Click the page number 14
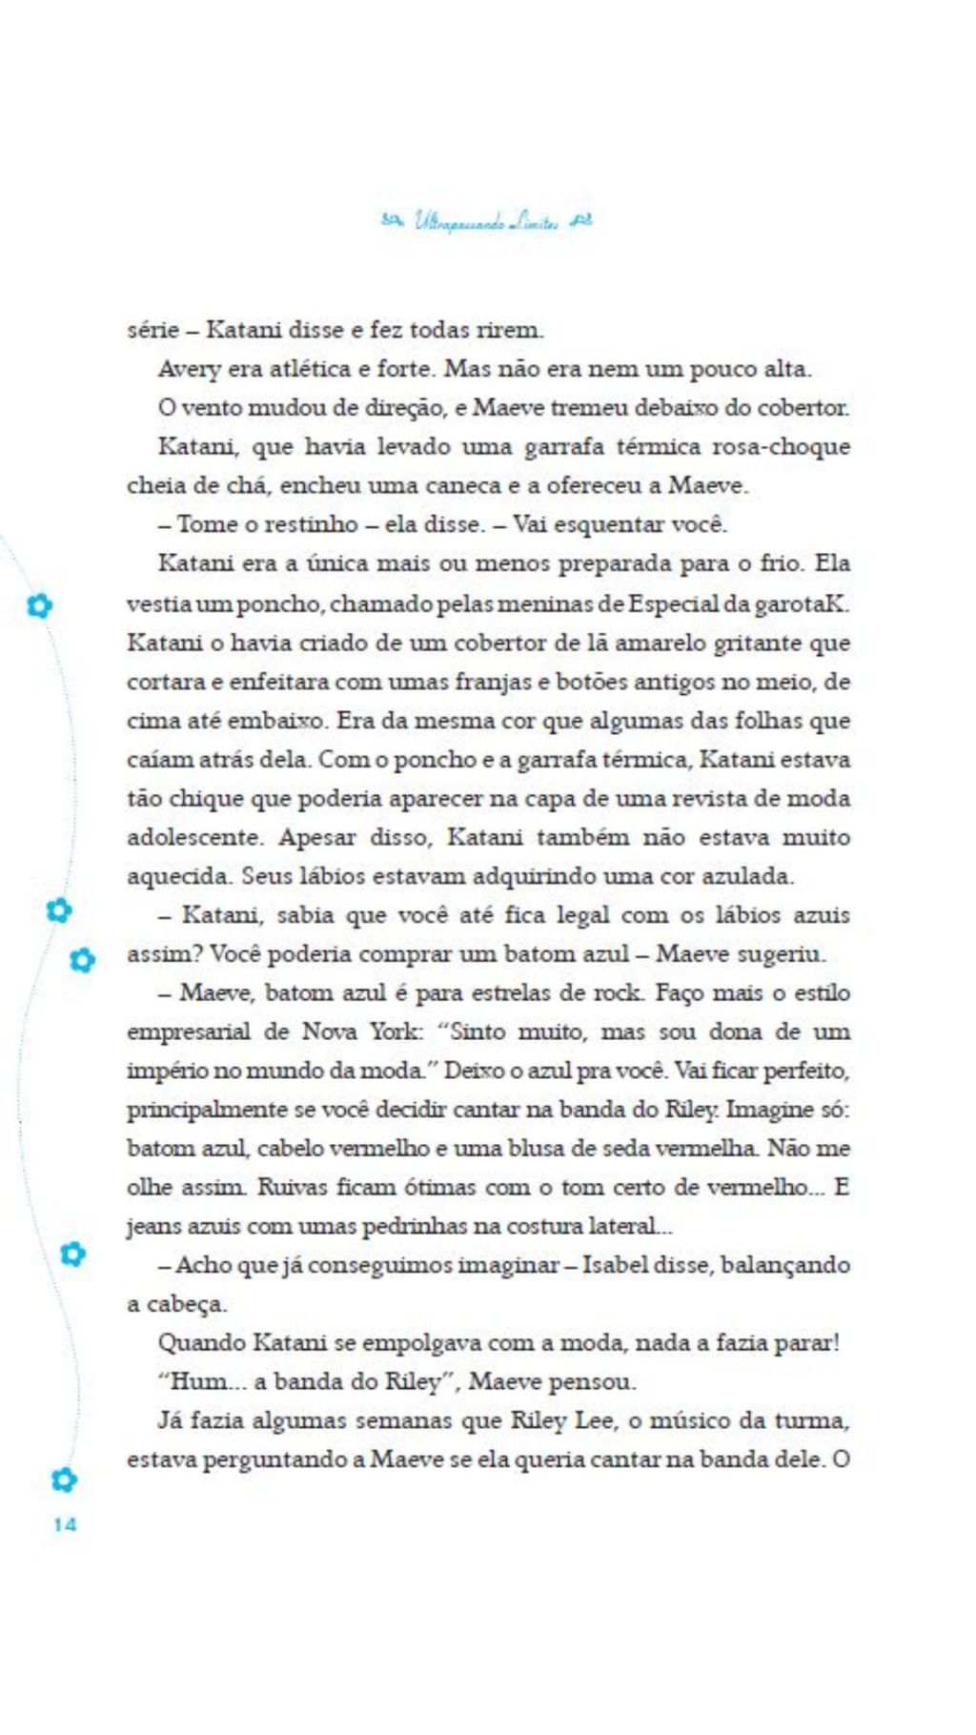click(64, 1524)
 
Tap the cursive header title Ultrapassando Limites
click(486, 222)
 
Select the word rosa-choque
click(782, 446)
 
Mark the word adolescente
click(195, 837)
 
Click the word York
click(390, 1031)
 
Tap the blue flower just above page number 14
click(64, 1479)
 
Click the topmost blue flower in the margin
click(39, 605)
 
